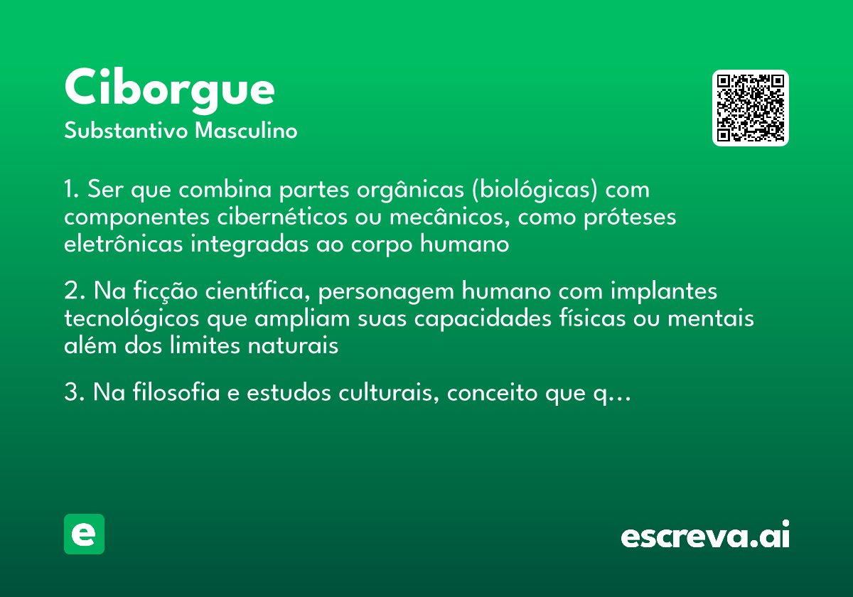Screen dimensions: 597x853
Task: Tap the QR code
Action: coord(751,108)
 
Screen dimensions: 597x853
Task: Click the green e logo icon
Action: coord(84,534)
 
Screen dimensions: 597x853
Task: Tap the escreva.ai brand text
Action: coord(705,537)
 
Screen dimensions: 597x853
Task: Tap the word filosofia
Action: coord(169,393)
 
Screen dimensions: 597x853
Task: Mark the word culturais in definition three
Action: coord(394,393)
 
